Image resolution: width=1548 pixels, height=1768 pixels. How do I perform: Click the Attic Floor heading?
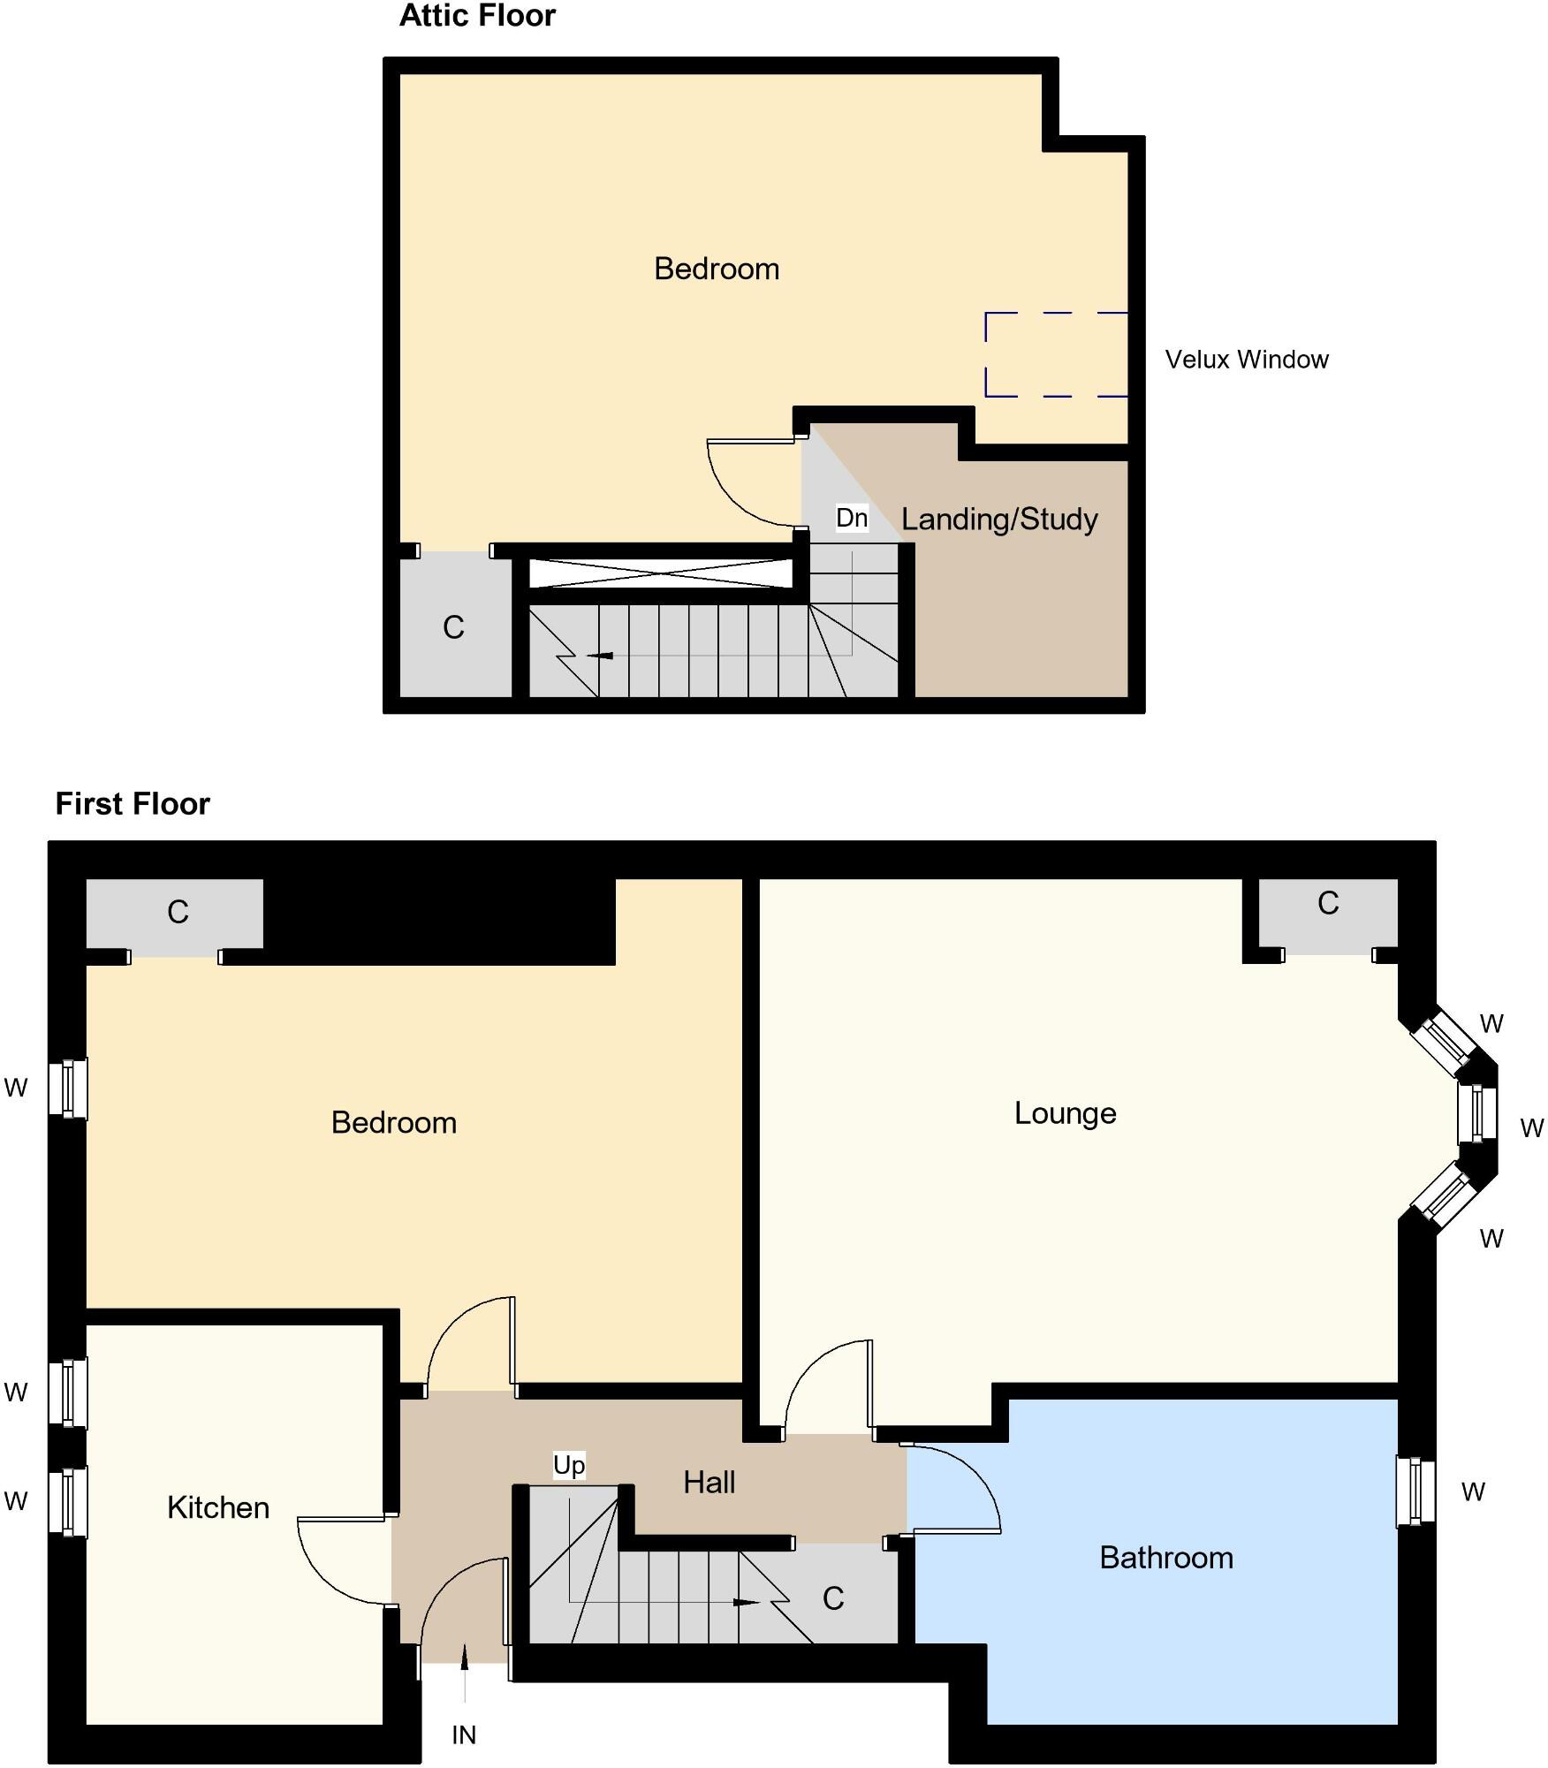click(x=477, y=16)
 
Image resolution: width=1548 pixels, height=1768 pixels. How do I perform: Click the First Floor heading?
click(x=133, y=804)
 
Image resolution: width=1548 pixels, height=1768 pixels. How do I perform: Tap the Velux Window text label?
click(x=1246, y=360)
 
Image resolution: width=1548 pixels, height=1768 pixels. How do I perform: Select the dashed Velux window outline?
click(x=1057, y=354)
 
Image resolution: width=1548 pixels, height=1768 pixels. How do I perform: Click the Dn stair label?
click(x=851, y=518)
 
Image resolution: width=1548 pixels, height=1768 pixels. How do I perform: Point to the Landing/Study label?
click(x=999, y=519)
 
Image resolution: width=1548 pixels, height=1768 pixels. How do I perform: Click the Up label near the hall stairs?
click(x=568, y=1465)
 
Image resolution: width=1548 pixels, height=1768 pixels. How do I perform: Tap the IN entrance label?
click(x=463, y=1735)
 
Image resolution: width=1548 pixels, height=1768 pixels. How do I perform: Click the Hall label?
click(x=709, y=1483)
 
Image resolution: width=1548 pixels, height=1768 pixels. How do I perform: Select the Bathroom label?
click(x=1165, y=1558)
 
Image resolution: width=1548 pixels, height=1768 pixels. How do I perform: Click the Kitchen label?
click(x=218, y=1507)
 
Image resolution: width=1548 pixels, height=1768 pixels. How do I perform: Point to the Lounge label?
click(x=1065, y=1113)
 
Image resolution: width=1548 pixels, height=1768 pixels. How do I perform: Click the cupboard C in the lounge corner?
click(x=1327, y=903)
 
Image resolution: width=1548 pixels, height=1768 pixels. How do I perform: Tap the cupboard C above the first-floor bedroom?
click(x=178, y=912)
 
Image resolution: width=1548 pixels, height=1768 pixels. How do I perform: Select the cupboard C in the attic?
click(x=453, y=627)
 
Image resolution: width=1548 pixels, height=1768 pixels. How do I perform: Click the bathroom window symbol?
click(x=1415, y=1491)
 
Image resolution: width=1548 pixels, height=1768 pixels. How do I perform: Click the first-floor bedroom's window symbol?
click(x=68, y=1088)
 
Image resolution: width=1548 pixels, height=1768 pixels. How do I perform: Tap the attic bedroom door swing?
click(x=751, y=490)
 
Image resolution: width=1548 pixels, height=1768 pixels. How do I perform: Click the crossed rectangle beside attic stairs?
click(x=661, y=573)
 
